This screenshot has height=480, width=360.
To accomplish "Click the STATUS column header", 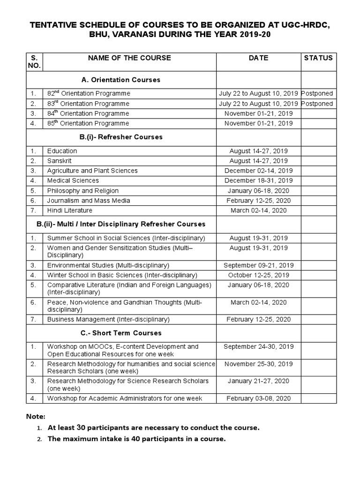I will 318,58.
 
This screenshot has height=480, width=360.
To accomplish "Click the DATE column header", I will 258,58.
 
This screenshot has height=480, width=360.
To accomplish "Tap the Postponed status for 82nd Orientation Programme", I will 317,93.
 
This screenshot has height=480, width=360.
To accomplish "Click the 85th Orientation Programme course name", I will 88,123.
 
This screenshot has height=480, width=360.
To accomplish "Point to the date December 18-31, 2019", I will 258,180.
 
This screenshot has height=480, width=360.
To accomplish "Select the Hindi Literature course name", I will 70,210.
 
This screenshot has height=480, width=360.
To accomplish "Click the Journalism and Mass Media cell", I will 89,201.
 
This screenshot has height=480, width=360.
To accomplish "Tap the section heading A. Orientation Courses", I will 120,80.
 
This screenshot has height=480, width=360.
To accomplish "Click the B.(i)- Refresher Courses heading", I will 121,137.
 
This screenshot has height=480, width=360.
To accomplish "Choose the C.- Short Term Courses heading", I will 121,333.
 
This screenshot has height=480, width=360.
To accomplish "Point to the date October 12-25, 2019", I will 258,275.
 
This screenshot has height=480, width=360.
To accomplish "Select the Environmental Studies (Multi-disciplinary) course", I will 108,265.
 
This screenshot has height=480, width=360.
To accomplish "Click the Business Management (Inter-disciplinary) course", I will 108,319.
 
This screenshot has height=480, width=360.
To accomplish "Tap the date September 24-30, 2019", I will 258,347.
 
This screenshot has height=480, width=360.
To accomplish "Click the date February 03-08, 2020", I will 258,398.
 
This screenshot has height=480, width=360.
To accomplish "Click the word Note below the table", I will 36,416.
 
